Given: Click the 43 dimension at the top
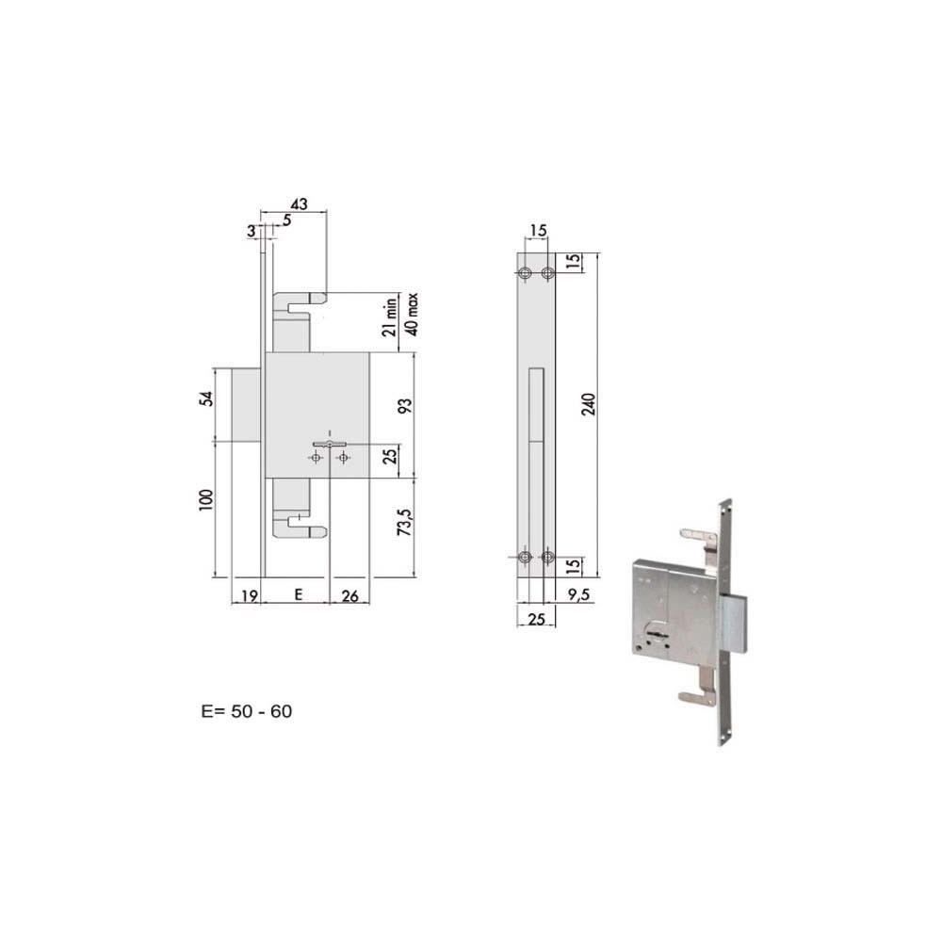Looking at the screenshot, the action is click(x=299, y=204).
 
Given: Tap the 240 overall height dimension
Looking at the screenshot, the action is click(x=589, y=404).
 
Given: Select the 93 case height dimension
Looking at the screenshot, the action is click(x=406, y=405).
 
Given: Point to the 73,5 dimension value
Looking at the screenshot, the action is click(x=405, y=522).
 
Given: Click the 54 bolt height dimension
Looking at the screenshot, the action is click(x=206, y=398).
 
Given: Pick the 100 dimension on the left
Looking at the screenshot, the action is click(x=206, y=500).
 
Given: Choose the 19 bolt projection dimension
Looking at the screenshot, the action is click(x=249, y=596).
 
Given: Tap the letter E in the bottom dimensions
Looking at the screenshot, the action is click(x=299, y=594).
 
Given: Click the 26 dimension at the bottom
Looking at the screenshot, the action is click(x=349, y=596).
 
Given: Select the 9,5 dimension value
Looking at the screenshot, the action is click(x=578, y=594).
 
